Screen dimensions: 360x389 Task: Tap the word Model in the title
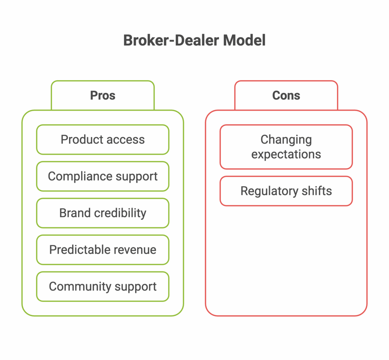point(244,40)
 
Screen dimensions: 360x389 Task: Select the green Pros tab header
point(103,95)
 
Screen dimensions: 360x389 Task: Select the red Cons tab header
point(286,95)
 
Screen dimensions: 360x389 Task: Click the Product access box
point(103,140)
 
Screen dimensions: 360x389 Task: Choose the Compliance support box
point(103,176)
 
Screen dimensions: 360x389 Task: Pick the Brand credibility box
point(103,213)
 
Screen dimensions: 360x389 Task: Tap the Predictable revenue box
point(103,250)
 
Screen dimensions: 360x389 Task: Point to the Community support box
point(103,286)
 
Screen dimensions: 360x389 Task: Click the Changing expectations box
point(286,147)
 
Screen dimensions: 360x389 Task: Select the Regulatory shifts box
point(286,191)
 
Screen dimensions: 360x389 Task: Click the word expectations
point(286,154)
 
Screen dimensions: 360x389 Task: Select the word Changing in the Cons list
point(286,140)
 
